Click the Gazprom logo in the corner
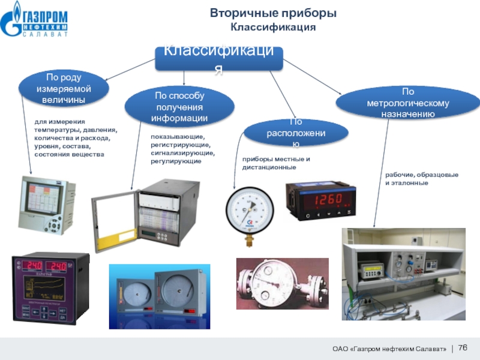pos(34,20)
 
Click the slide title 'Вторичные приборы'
pos(273,13)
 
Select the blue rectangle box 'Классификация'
pos(219,59)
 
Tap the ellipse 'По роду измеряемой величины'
pos(64,88)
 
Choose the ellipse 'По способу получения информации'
pos(179,107)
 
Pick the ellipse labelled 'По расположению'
pos(296,133)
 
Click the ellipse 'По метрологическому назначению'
pos(408,103)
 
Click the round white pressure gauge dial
pos(250,211)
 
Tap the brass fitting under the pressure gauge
pos(250,241)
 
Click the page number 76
pos(463,347)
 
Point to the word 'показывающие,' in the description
pos(178,137)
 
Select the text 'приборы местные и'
pos(276,159)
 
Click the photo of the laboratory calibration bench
pos(403,274)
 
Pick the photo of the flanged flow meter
pos(282,283)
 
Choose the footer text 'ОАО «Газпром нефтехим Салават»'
pos(389,349)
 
